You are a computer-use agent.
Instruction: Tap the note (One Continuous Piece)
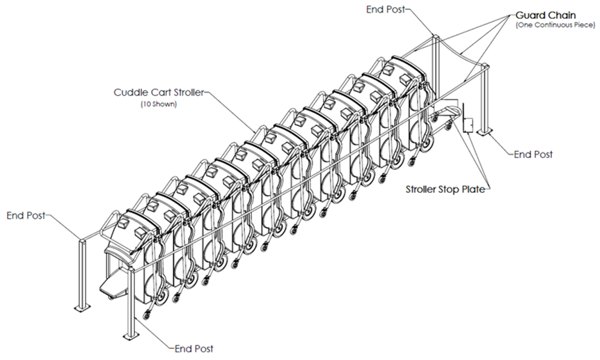[555, 25]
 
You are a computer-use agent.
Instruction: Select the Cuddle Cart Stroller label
[158, 92]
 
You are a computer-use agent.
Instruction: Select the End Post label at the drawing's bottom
[194, 348]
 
